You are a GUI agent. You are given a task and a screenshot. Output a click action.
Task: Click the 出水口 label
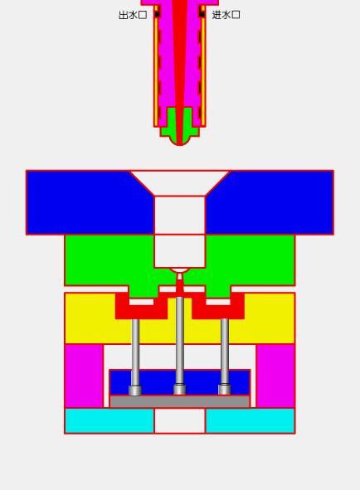pyautogui.click(x=133, y=15)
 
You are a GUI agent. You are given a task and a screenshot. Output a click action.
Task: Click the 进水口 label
pyautogui.click(x=226, y=15)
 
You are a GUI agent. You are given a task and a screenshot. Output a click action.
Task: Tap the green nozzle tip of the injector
pyautogui.click(x=179, y=131)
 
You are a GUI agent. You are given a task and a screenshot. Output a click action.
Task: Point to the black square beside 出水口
pyautogui.click(x=157, y=14)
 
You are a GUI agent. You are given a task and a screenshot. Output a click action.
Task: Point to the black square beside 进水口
pyautogui.click(x=202, y=14)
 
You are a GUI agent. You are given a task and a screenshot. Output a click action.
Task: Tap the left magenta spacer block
pyautogui.click(x=84, y=376)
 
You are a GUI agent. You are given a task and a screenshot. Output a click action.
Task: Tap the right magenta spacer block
pyautogui.click(x=275, y=376)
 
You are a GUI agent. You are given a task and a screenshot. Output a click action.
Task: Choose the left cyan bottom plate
pyautogui.click(x=109, y=420)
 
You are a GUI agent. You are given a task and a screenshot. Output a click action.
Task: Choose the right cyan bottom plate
pyautogui.click(x=250, y=420)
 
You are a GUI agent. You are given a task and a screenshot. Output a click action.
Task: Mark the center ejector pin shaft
pyautogui.click(x=179, y=340)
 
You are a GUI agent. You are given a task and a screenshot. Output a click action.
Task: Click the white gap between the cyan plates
pyautogui.click(x=179, y=421)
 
